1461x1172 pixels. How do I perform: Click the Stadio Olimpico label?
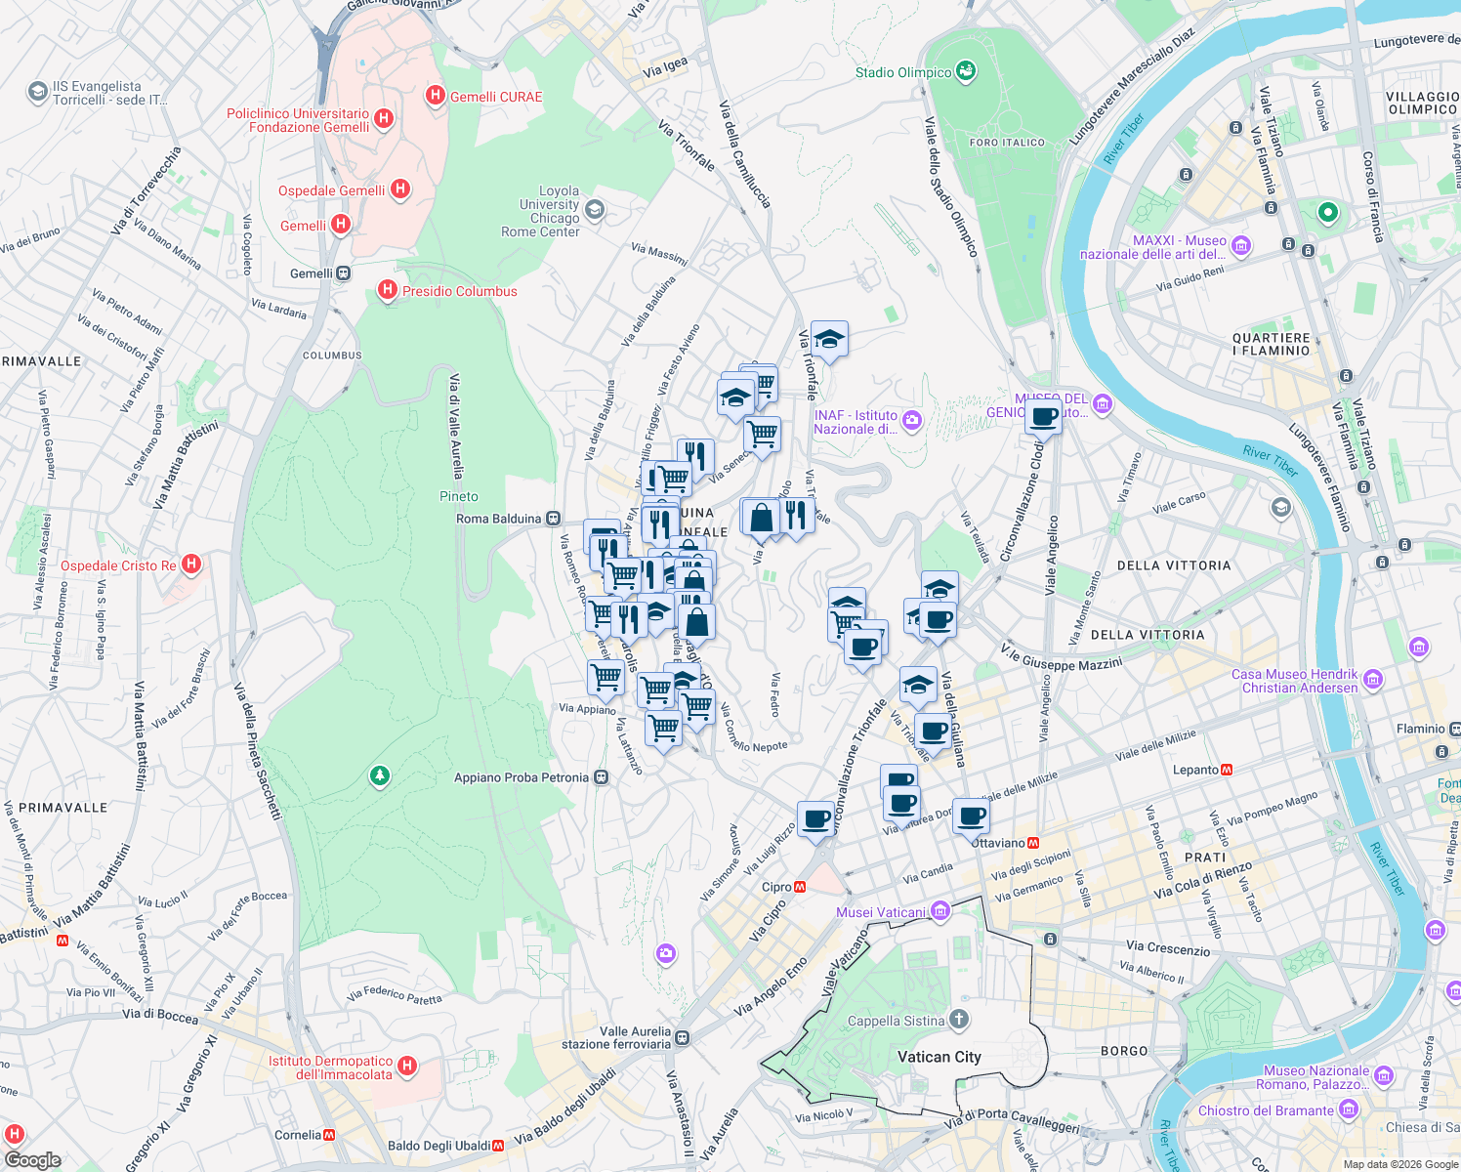click(902, 72)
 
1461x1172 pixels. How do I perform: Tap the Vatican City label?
click(939, 1057)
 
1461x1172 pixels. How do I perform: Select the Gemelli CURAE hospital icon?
click(436, 96)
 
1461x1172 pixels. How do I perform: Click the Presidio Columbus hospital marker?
click(388, 290)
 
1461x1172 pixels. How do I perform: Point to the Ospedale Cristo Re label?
click(118, 565)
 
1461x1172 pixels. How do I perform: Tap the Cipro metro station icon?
click(800, 887)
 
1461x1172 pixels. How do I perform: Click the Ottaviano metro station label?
click(998, 842)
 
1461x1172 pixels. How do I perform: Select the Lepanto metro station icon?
click(1227, 770)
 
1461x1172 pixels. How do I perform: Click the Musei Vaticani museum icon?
click(940, 912)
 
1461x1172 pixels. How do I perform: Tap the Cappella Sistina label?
click(896, 1021)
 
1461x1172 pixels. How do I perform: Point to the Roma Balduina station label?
click(498, 519)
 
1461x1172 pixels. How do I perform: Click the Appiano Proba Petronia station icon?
click(602, 777)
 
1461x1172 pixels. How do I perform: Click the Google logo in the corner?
click(33, 1160)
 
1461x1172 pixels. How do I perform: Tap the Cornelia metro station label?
click(298, 1135)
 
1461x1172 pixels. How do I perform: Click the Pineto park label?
click(459, 496)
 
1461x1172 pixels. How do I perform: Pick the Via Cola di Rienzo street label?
click(1202, 880)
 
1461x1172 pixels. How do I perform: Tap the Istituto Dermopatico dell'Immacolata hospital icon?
click(408, 1067)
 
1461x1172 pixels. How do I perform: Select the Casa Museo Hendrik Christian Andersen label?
click(1294, 681)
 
